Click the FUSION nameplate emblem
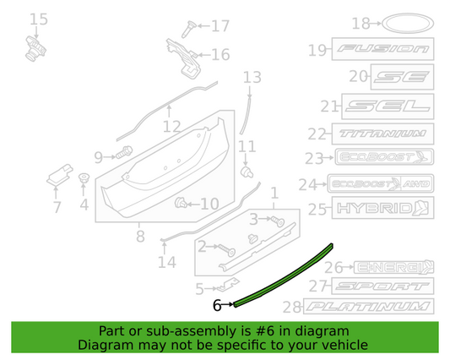click(382, 51)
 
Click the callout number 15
click(39, 19)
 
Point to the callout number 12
click(171, 128)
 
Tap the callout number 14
click(166, 261)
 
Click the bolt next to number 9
click(127, 154)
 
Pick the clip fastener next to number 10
click(181, 203)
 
